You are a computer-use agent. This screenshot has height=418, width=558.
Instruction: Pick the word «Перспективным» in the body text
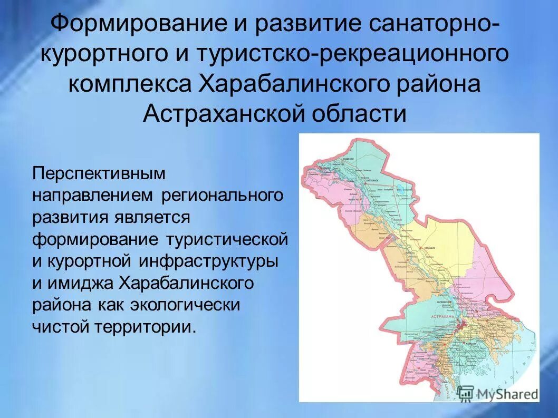99,173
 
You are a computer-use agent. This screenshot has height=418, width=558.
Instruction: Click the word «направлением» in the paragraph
93,196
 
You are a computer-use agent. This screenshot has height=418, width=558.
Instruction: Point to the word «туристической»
227,239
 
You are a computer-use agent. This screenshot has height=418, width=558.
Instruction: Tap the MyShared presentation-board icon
466,393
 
